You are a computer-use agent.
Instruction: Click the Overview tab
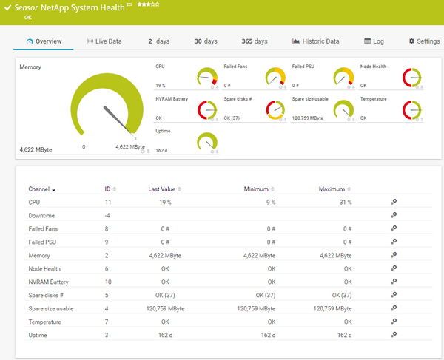44,41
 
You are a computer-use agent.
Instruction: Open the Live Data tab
104,41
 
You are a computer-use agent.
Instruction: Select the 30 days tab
206,41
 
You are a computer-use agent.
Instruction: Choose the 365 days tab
255,41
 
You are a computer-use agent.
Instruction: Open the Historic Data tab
316,41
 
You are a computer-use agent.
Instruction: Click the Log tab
374,41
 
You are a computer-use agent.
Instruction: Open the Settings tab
424,41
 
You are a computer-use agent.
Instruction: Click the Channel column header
39,189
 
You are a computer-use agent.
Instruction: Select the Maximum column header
332,189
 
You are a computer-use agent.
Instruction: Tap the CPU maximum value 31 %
344,202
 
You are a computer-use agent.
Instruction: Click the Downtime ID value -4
108,215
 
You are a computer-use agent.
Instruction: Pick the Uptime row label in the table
38,336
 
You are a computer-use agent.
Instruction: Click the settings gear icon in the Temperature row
394,322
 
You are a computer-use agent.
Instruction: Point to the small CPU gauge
208,76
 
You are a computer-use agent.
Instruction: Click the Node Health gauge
411,76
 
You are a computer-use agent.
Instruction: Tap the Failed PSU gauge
343,76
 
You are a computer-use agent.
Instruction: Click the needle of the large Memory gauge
115,120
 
